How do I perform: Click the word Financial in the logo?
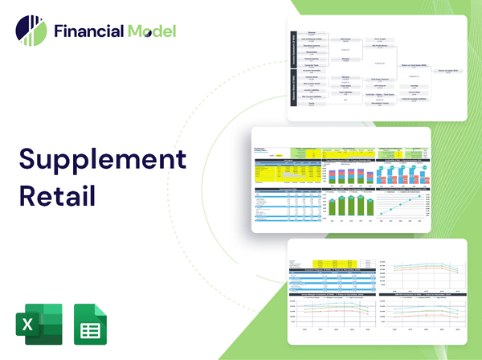point(86,31)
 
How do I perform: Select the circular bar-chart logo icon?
point(31,31)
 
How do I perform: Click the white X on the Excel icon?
point(27,325)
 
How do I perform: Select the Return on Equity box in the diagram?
point(440,71)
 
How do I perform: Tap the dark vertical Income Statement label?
point(293,50)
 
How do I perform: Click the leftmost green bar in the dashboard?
point(331,207)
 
